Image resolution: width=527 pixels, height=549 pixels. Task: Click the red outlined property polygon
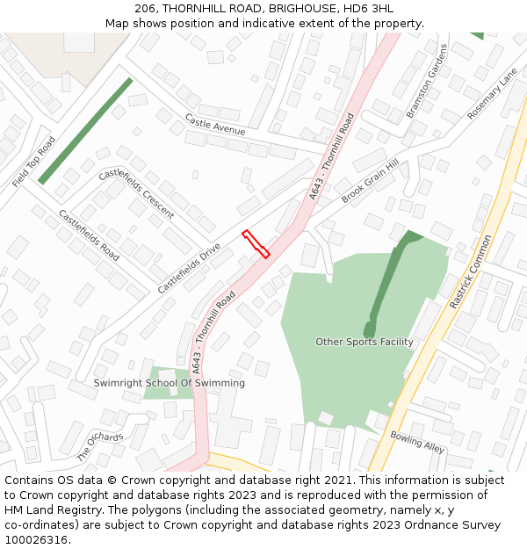(x=256, y=244)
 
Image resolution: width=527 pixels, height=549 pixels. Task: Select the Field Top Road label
(x=34, y=162)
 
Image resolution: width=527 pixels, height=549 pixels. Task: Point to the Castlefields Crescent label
(x=136, y=193)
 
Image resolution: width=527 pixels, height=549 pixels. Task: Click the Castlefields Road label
(x=89, y=235)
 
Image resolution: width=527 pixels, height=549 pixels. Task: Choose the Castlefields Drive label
(x=189, y=269)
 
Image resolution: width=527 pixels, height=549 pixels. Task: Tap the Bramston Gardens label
(x=427, y=81)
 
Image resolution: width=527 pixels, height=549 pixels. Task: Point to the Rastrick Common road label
(x=472, y=271)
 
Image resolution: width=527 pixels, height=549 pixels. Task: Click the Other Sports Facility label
(x=364, y=342)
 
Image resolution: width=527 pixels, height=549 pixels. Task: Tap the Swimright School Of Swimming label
(x=170, y=383)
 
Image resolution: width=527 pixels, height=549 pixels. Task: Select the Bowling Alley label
(x=417, y=441)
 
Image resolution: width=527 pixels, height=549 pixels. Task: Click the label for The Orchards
(x=100, y=447)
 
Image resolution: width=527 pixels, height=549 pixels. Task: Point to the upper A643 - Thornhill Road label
(x=331, y=155)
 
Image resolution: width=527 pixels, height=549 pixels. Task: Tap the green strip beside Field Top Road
(x=85, y=130)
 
